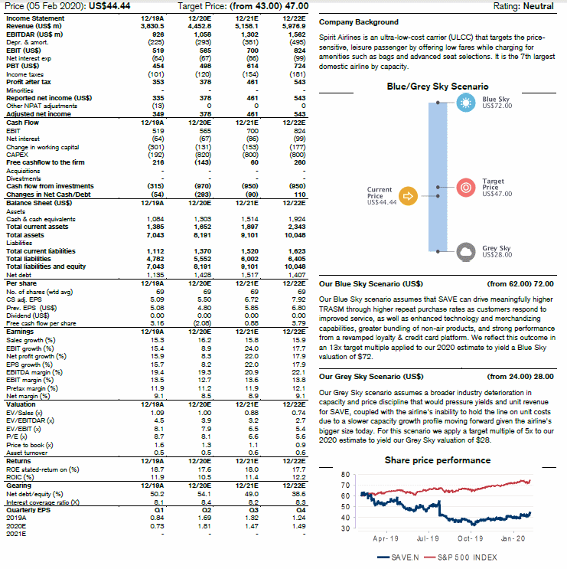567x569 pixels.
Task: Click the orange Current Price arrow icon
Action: (409, 196)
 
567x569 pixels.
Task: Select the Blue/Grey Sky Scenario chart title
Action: (438, 87)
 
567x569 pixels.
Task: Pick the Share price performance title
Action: (438, 460)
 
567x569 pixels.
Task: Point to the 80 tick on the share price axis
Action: (345, 474)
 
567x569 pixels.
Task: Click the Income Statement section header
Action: (35, 18)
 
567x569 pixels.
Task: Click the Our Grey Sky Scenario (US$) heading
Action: (370, 377)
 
